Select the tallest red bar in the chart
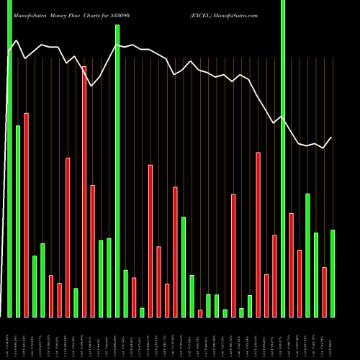pyautogui.click(x=84, y=192)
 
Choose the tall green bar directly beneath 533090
pyautogui.click(x=117, y=171)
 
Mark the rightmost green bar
pyautogui.click(x=333, y=273)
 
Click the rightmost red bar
pyautogui.click(x=325, y=292)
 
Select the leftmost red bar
pyautogui.click(x=26, y=215)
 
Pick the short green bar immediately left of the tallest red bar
pyautogui.click(x=76, y=302)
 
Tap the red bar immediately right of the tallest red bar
pyautogui.click(x=92, y=251)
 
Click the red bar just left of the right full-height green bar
pyautogui.click(x=274, y=276)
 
